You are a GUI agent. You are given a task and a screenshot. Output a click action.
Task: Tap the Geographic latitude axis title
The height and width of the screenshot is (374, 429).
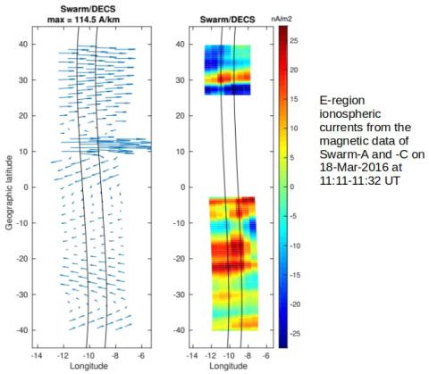point(7,187)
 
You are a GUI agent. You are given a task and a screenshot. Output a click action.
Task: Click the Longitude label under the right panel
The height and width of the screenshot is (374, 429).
point(226,367)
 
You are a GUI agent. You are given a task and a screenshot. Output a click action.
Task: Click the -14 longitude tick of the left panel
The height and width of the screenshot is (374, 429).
point(37,354)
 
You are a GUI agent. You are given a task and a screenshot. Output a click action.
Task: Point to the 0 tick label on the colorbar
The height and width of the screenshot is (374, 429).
point(297,187)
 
